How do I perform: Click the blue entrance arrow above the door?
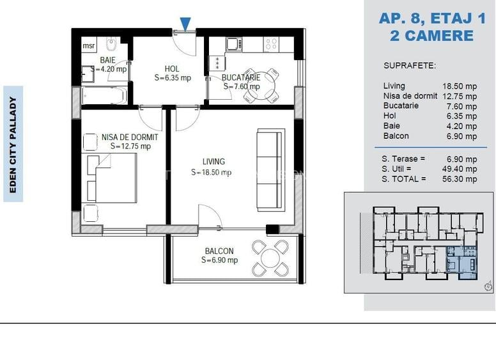(x=185, y=24)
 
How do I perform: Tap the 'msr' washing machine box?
(x=89, y=45)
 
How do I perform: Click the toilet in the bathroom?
(x=111, y=44)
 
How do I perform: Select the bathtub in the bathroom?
(x=105, y=95)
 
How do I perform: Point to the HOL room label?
(x=172, y=69)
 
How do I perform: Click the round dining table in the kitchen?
(x=261, y=86)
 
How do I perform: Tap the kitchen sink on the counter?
(x=234, y=45)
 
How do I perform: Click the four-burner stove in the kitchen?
(x=272, y=44)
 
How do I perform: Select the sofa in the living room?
(x=271, y=170)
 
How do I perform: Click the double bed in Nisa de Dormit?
(x=112, y=178)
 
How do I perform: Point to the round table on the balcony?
(x=270, y=258)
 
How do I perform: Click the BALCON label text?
(x=219, y=251)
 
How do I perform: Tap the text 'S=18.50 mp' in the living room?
(x=212, y=172)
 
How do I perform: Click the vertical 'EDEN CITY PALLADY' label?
(x=13, y=145)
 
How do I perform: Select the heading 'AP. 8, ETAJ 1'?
(x=432, y=19)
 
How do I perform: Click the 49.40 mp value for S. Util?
(x=460, y=169)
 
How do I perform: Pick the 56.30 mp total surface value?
(x=460, y=179)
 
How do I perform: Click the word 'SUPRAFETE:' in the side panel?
(x=410, y=66)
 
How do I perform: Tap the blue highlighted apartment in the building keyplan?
(x=461, y=263)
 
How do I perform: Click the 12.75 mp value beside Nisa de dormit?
(x=460, y=96)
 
